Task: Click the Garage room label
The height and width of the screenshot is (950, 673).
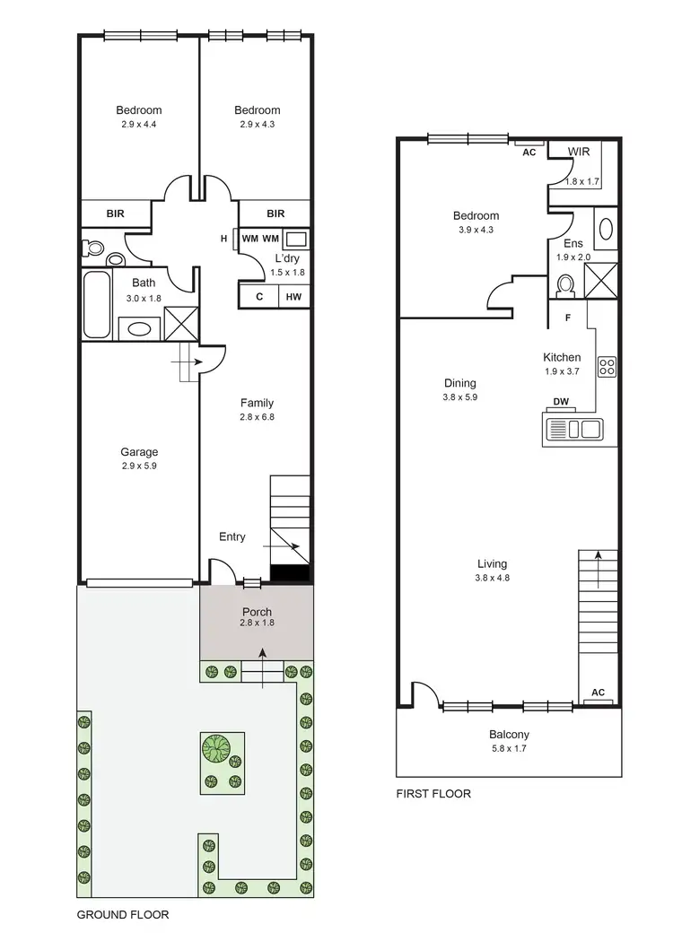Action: [x=139, y=452]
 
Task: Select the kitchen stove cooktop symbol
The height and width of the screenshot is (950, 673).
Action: [x=607, y=366]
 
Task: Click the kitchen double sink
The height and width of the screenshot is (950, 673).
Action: [x=590, y=429]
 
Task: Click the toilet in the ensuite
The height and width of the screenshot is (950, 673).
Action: [x=565, y=284]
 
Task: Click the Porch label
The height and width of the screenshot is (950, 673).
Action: [x=256, y=612]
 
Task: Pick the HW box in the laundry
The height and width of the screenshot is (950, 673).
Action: [x=293, y=297]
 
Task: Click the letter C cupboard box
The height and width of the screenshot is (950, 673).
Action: [x=258, y=297]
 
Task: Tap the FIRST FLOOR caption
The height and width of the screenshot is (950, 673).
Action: [x=433, y=794]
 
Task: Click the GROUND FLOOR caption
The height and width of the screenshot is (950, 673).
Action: [x=122, y=915]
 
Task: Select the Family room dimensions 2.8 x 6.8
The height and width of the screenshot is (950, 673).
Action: [x=256, y=416]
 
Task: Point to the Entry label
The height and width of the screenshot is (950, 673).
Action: [x=232, y=536]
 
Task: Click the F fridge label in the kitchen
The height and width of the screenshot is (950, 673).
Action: [x=568, y=318]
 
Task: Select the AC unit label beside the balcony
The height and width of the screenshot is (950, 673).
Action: [x=599, y=693]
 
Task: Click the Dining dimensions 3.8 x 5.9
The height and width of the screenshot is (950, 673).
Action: [x=459, y=397]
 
